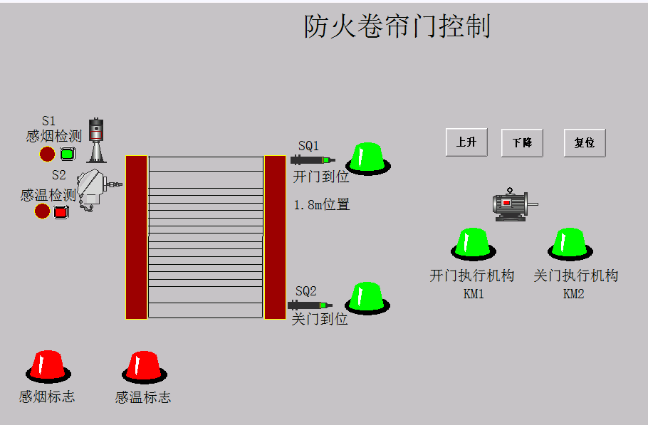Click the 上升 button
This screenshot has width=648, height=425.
[x=466, y=142]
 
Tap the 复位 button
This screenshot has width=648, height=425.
[x=584, y=142]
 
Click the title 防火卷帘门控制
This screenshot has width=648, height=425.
[x=397, y=26]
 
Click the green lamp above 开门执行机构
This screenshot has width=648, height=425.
[x=473, y=243]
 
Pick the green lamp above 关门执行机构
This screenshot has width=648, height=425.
[x=570, y=243]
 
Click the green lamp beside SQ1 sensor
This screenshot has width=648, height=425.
[x=368, y=157]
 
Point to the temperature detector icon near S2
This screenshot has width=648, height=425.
[x=95, y=189]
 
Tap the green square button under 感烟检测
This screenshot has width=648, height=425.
[x=68, y=154]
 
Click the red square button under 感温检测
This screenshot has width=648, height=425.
[x=61, y=211]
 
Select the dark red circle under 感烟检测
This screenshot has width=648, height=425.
[x=47, y=154]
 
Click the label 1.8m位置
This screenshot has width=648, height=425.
[x=322, y=205]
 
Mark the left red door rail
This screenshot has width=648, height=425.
[x=136, y=237]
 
